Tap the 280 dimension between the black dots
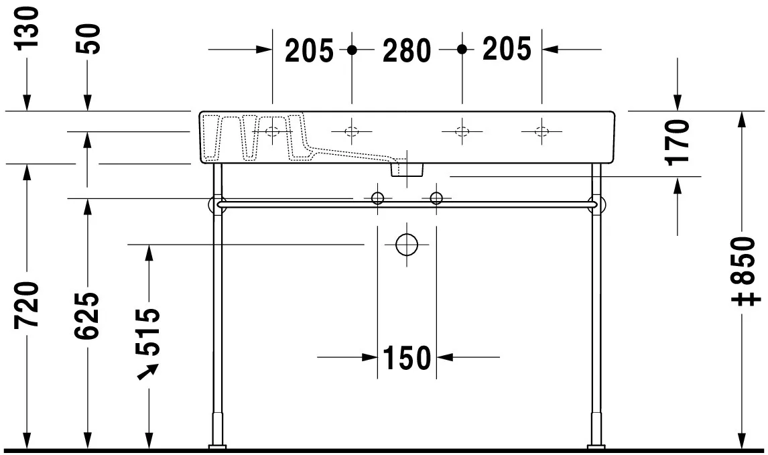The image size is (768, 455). point(406,50)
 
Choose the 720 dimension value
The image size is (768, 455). point(27,305)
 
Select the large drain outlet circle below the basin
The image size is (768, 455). point(407,245)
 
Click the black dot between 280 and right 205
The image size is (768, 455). point(461,50)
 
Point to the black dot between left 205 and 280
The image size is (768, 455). point(353,50)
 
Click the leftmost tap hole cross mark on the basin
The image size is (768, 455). point(272,131)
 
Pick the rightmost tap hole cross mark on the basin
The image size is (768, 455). point(541,131)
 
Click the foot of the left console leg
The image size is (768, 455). point(217,445)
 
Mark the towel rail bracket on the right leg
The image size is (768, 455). point(594,204)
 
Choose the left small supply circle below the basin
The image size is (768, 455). point(378,198)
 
